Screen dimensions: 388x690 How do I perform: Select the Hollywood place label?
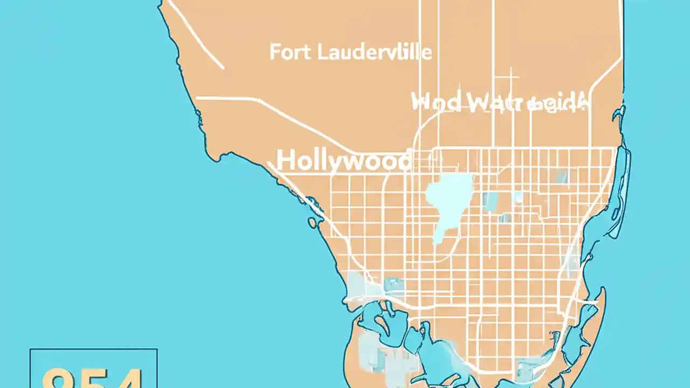click(343, 161)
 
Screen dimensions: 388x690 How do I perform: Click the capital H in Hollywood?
click(286, 161)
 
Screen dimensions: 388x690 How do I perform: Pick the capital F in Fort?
click(274, 52)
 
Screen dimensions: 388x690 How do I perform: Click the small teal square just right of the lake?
click(490, 201)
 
